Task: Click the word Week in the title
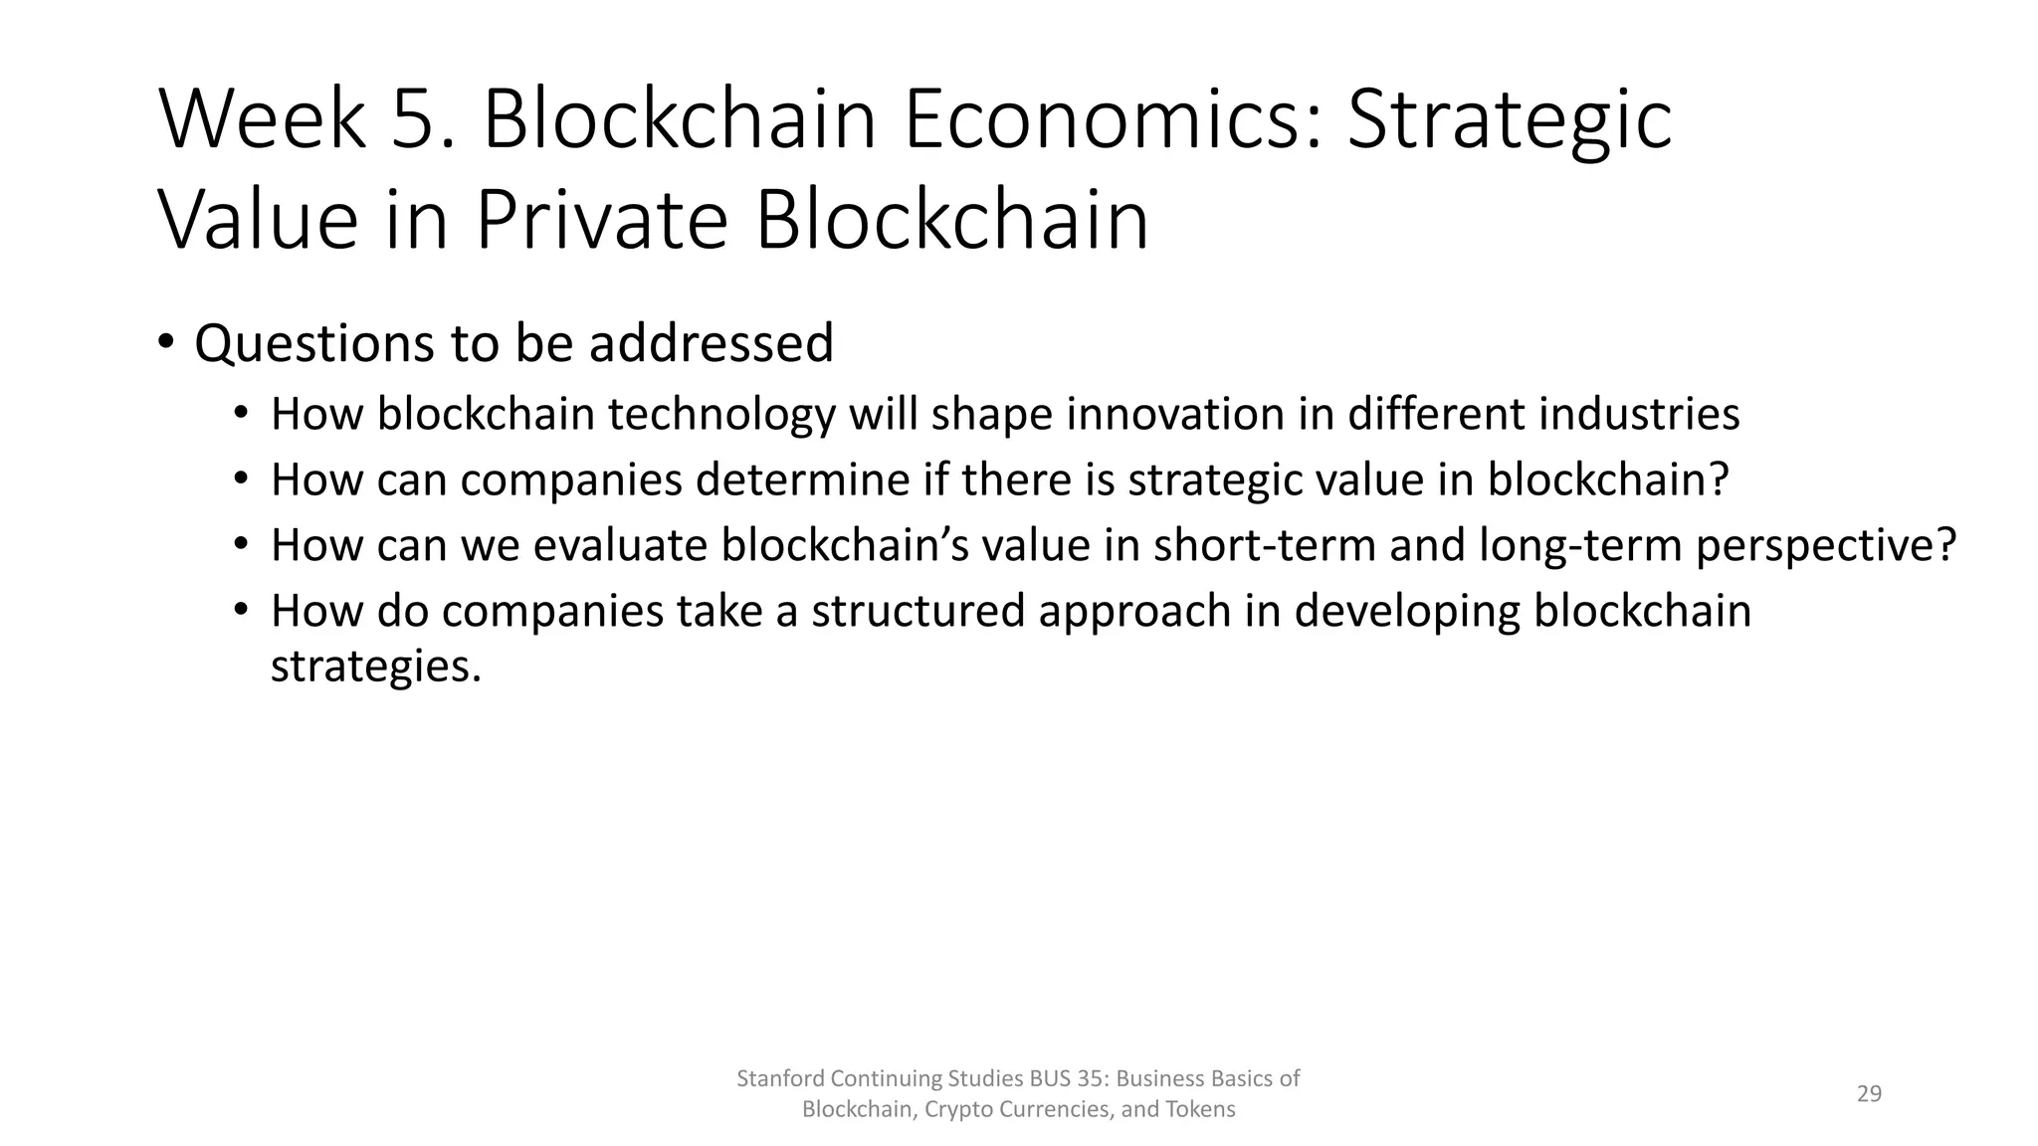tap(262, 120)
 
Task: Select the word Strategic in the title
tap(1509, 120)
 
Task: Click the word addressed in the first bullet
tap(711, 343)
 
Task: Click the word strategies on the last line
tap(375, 666)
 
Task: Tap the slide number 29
tap(1869, 1094)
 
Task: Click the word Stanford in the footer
tap(779, 1078)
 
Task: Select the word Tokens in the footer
tap(1201, 1109)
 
